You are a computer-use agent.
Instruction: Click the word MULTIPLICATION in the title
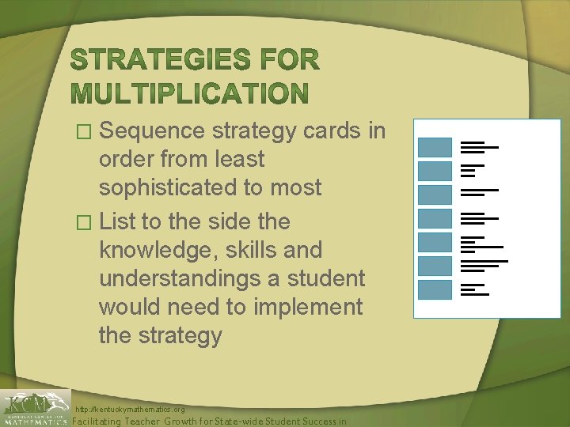189,94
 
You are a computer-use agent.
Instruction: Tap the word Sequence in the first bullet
150,130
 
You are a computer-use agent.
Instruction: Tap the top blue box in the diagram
434,147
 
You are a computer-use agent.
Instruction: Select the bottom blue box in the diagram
434,289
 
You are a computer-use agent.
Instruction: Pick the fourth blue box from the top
434,218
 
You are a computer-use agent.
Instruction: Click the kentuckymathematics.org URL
130,410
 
